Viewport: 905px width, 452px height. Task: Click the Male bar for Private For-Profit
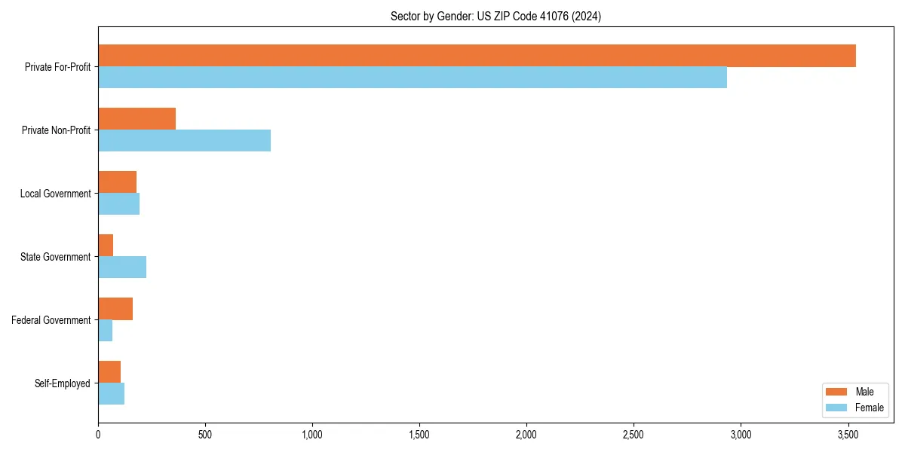tap(477, 56)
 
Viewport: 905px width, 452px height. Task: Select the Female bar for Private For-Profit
tap(413, 78)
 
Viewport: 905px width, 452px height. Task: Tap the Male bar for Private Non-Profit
tap(137, 119)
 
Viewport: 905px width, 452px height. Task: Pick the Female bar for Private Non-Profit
tap(184, 141)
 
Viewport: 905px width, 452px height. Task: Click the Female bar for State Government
tap(122, 267)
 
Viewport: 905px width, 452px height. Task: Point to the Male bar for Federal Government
tap(115, 309)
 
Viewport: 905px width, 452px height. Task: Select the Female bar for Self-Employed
tap(111, 394)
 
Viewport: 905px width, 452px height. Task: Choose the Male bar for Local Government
tap(117, 182)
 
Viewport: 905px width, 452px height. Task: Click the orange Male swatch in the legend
tap(836, 392)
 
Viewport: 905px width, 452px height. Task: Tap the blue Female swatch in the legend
tap(836, 408)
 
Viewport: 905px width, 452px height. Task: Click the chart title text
tap(495, 16)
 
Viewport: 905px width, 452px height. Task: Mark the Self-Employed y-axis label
tap(62, 383)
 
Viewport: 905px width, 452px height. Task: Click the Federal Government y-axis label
tap(51, 320)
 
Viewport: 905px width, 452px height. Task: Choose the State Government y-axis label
tap(55, 257)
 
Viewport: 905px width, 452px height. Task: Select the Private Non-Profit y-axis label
tap(56, 130)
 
